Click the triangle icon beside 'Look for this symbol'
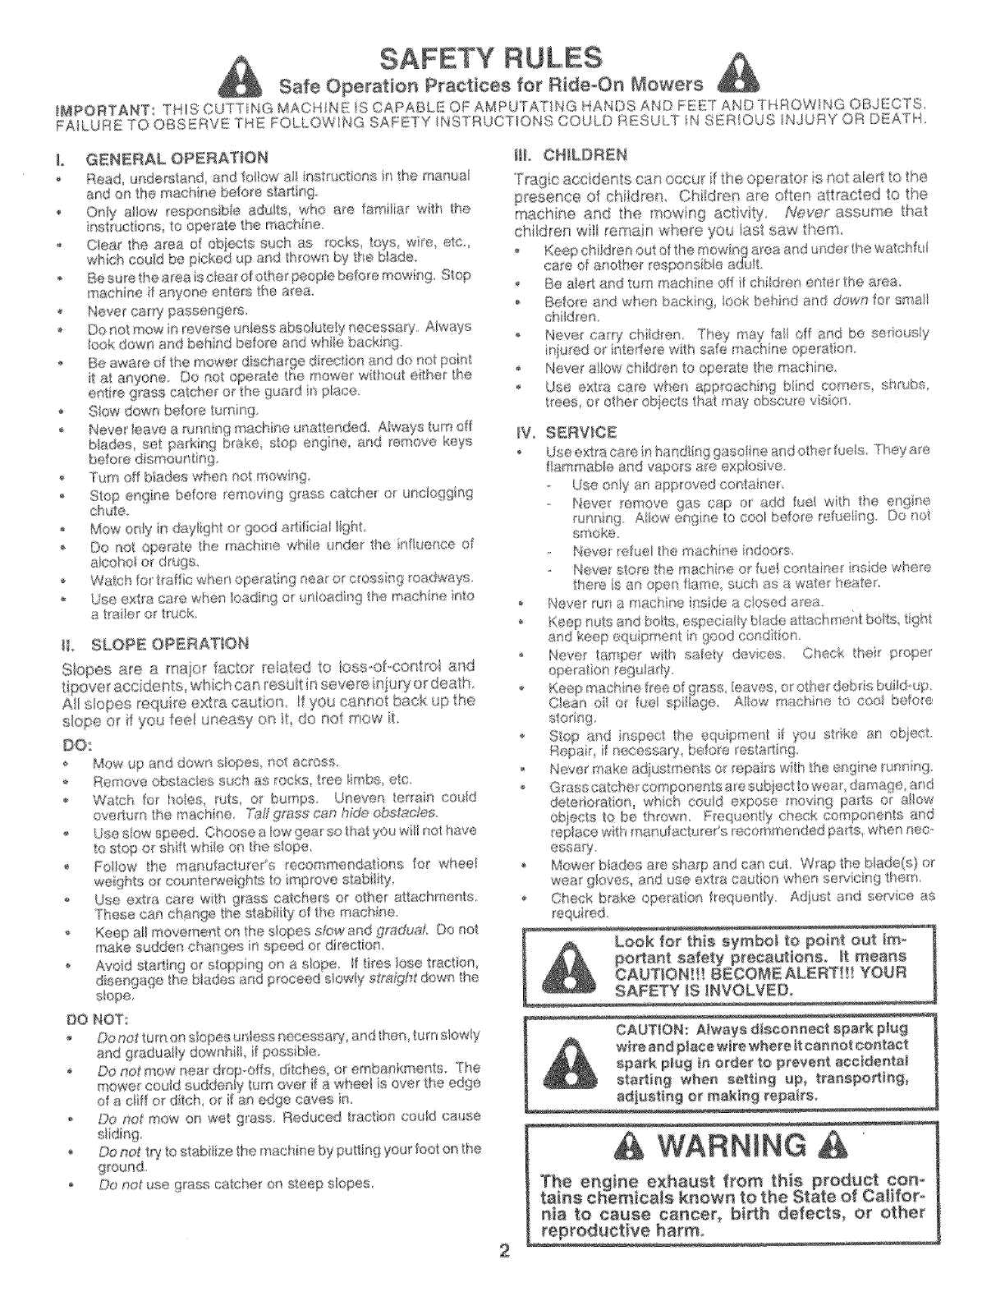pyautogui.click(x=562, y=966)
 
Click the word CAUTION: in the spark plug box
pyautogui.click(x=651, y=1030)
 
